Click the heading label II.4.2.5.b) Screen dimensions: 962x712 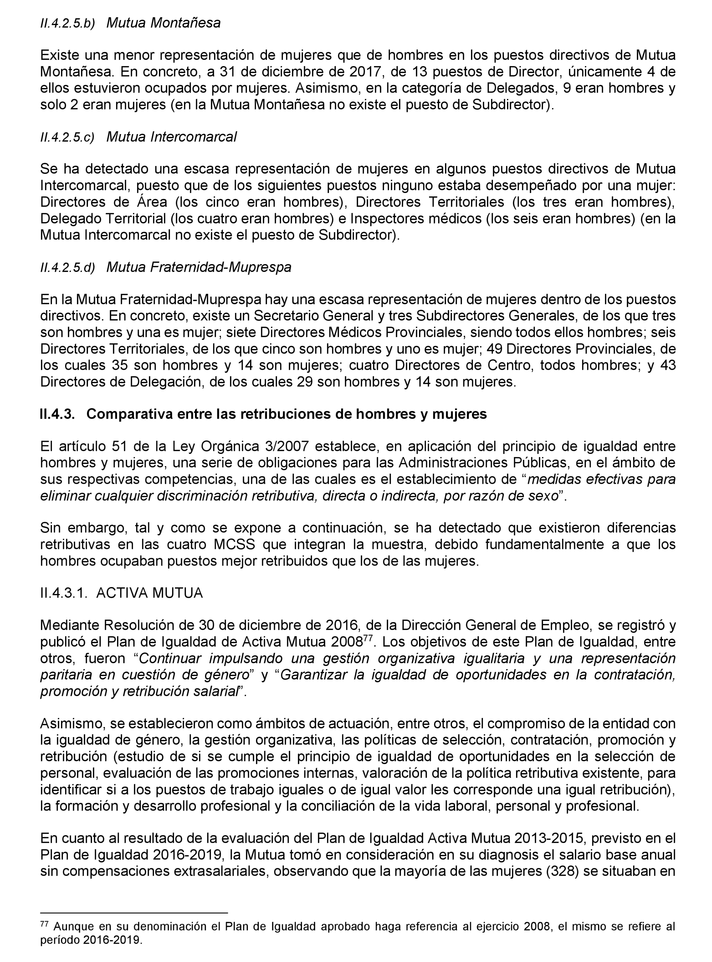click(x=67, y=24)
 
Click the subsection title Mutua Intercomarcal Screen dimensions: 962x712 click(x=171, y=137)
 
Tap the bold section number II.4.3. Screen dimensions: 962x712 click(x=57, y=414)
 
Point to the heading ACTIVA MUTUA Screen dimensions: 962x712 click(x=149, y=593)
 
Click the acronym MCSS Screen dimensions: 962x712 click(x=234, y=545)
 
